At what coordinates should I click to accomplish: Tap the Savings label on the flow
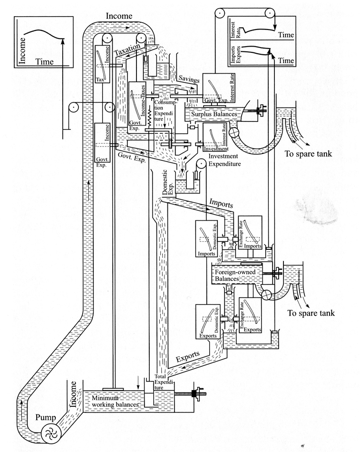coord(188,79)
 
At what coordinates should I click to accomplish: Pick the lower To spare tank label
coord(311,313)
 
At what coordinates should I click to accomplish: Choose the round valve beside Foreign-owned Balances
coord(267,295)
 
